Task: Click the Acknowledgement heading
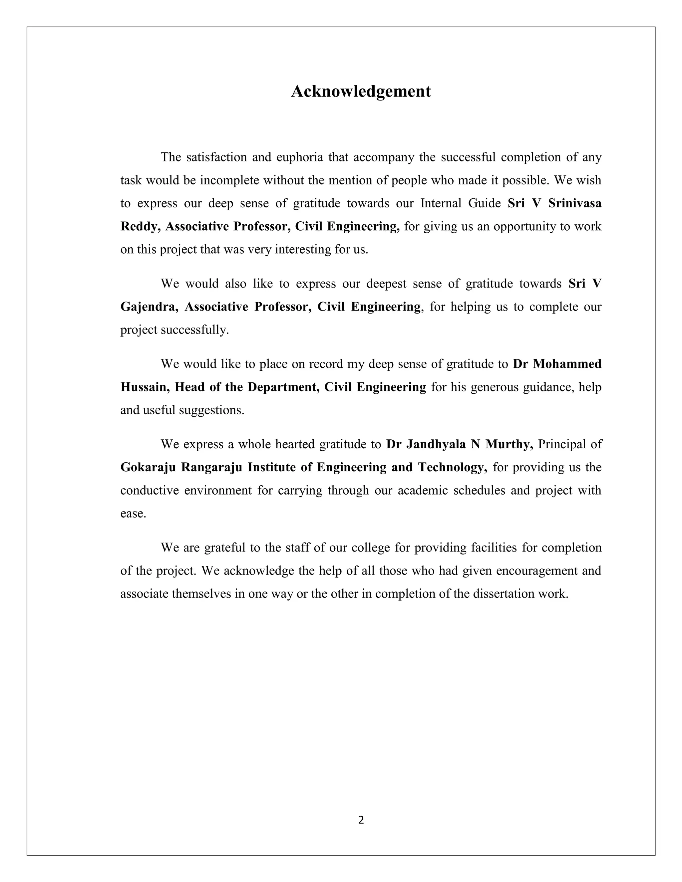coord(361,91)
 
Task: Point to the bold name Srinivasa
coord(574,203)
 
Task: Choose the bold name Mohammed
coord(567,364)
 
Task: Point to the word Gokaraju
coord(148,467)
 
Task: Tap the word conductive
coord(150,490)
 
